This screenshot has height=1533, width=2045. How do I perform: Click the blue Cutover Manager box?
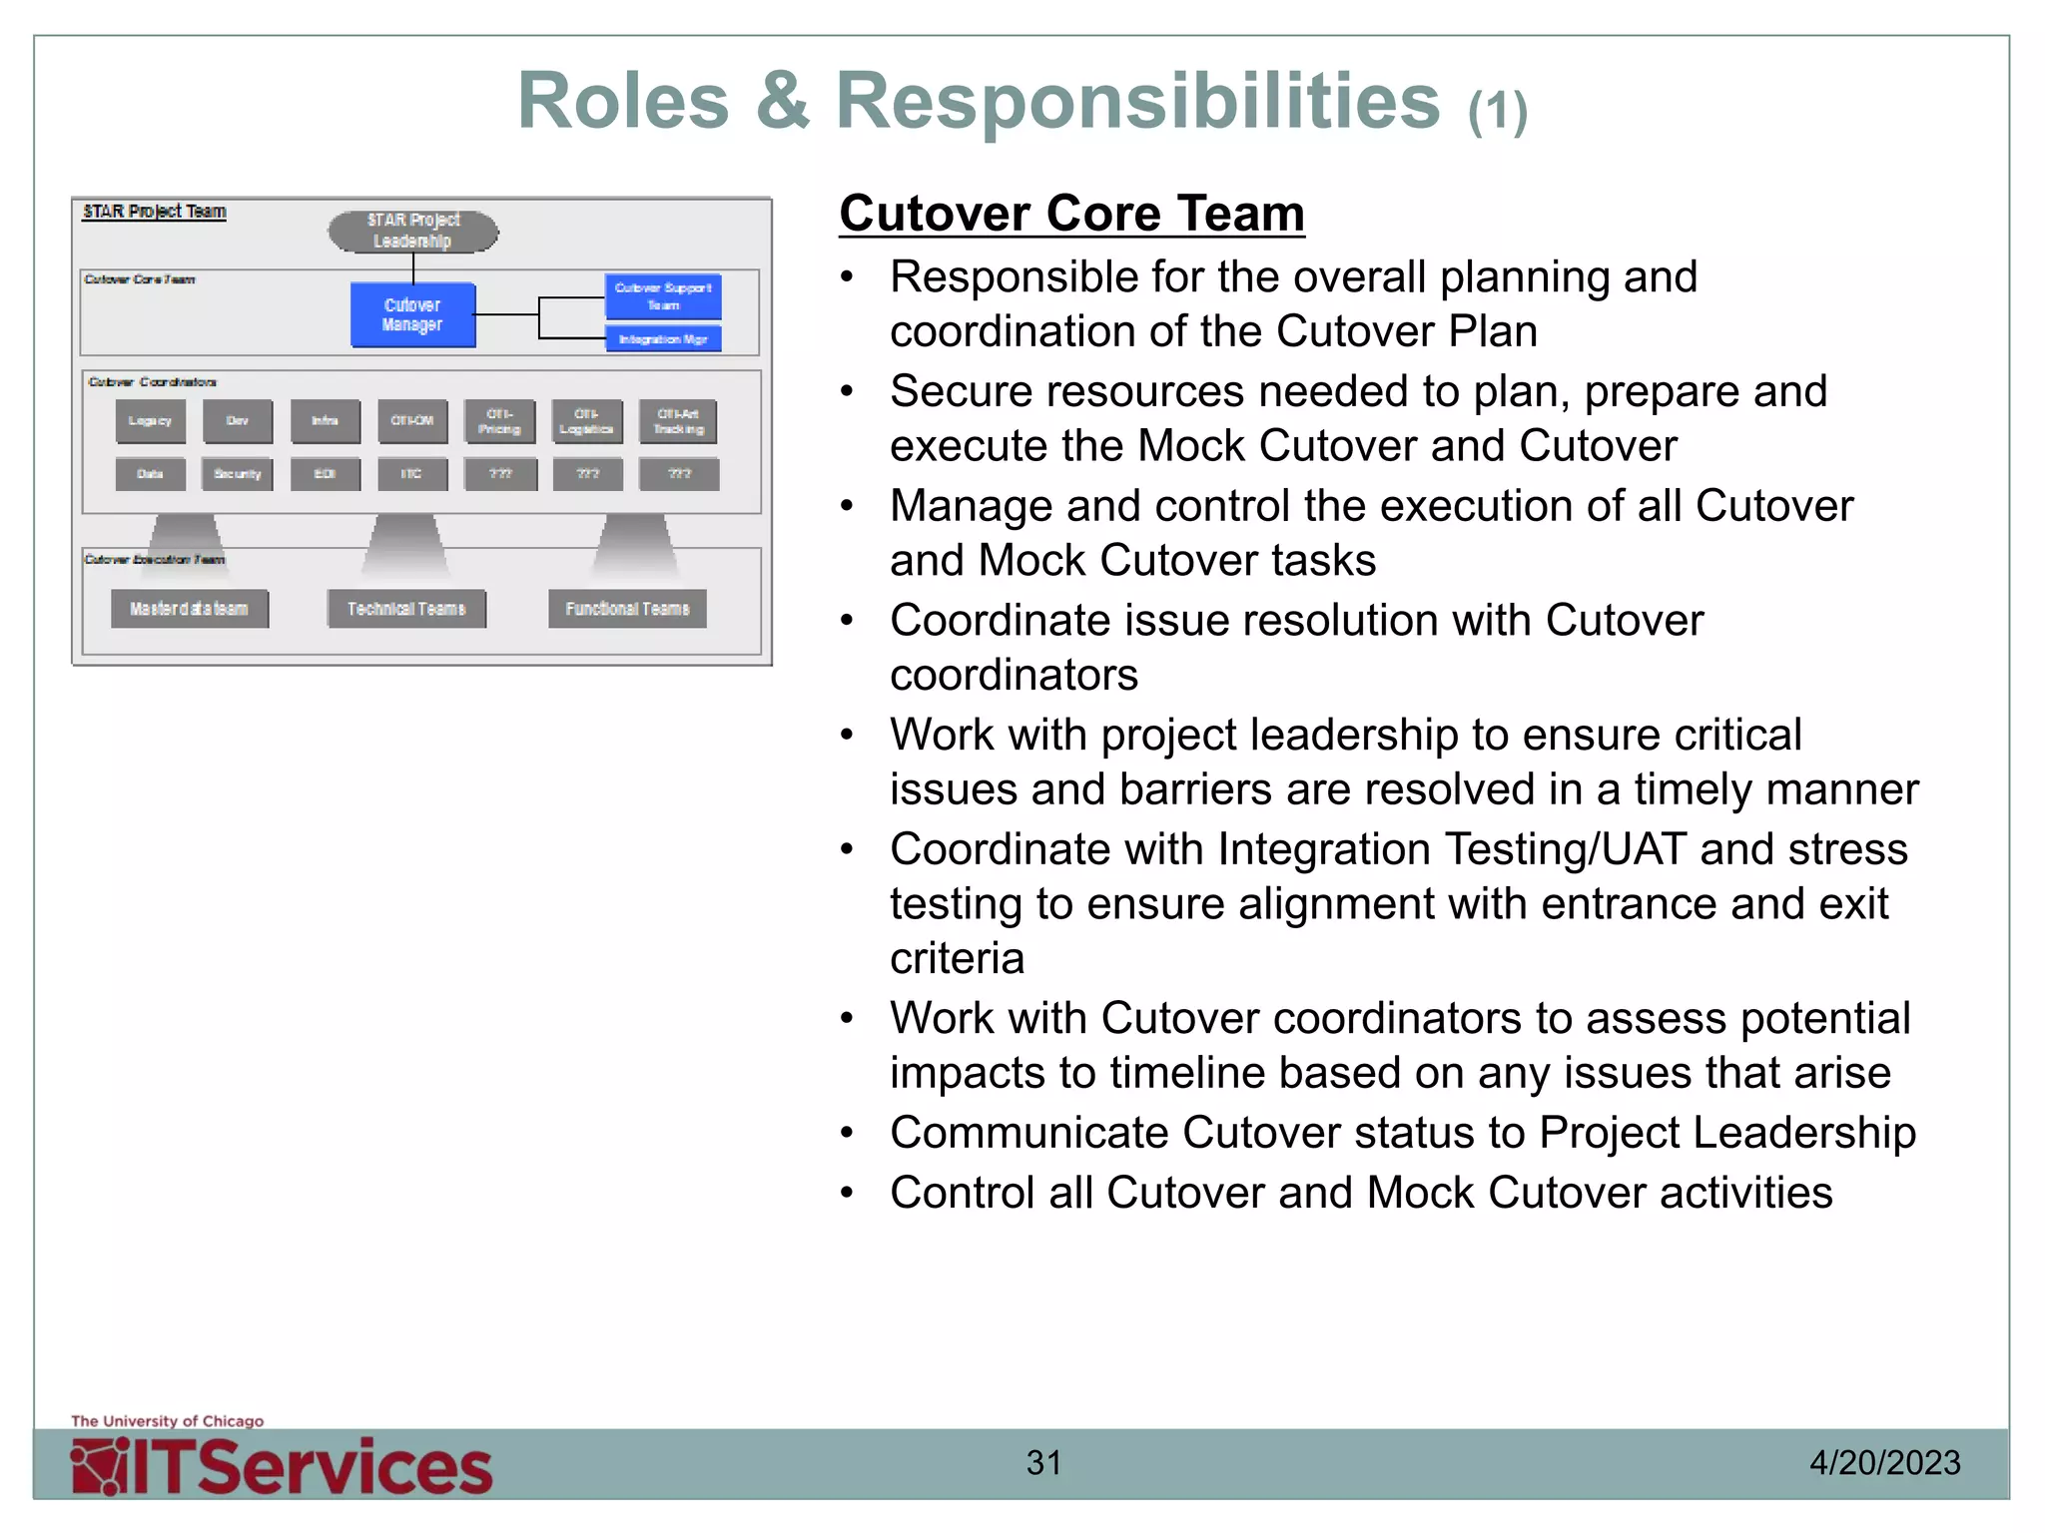tap(412, 315)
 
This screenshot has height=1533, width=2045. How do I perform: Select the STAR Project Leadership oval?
tap(412, 231)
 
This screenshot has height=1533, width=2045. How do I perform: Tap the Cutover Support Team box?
tap(663, 296)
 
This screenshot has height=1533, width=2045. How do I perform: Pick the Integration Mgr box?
tap(663, 339)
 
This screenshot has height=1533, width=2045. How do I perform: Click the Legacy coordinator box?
tap(150, 421)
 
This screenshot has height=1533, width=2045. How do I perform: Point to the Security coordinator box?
tap(237, 474)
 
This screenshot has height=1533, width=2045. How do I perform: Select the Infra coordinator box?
tap(325, 421)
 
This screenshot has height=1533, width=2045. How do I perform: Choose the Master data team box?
tap(190, 609)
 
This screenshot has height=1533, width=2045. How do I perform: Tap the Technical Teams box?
tap(406, 609)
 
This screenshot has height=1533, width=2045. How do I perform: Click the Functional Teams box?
tap(627, 609)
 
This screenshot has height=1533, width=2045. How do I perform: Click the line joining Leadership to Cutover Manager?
tap(413, 268)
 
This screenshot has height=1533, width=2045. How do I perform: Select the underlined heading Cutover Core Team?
tap(1071, 214)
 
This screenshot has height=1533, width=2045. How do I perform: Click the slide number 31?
tap(1043, 1463)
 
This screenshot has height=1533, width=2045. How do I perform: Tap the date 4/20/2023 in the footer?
tap(1884, 1463)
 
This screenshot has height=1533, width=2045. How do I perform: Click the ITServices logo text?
tap(310, 1467)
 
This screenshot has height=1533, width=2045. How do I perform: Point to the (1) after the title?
tap(1497, 111)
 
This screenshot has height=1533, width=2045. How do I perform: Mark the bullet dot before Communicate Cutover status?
tap(847, 1134)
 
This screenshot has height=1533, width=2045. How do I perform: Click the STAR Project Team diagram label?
tap(155, 212)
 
